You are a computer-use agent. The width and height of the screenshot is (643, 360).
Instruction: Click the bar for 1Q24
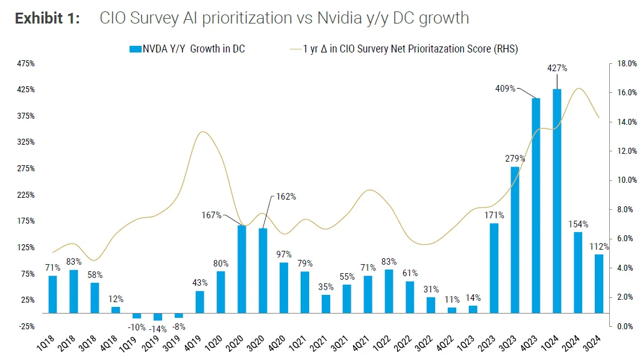click(557, 201)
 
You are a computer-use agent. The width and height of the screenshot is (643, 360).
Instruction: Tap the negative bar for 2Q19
click(157, 317)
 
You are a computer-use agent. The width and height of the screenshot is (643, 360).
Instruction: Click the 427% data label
click(557, 68)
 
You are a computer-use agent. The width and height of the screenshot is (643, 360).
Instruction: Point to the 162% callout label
click(286, 197)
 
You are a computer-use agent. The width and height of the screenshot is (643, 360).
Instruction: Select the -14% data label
click(158, 329)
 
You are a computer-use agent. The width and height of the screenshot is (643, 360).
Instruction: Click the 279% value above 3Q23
click(515, 159)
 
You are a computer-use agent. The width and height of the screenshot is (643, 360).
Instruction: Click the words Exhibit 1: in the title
click(47, 18)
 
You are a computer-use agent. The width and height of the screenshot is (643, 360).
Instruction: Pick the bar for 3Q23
click(515, 240)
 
